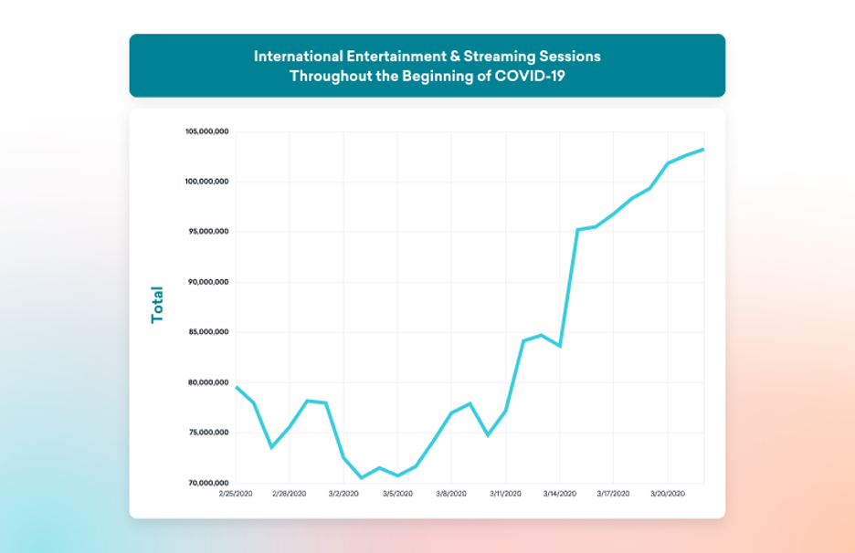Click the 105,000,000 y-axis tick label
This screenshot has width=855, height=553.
pos(207,132)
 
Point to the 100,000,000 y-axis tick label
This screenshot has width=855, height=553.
pos(207,183)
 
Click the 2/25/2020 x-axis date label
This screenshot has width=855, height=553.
pos(236,494)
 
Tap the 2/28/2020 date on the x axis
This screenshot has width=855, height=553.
pos(290,494)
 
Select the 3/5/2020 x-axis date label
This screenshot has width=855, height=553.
pos(397,494)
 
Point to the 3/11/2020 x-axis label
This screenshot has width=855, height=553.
pos(505,494)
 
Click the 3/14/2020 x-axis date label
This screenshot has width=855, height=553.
pos(559,494)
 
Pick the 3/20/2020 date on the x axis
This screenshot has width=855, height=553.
pos(667,494)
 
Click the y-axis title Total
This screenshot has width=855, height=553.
pos(158,305)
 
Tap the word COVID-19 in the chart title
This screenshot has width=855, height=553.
pos(530,76)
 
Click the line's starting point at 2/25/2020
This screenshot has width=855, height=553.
pos(237,387)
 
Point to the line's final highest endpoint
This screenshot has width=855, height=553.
pos(703,149)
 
